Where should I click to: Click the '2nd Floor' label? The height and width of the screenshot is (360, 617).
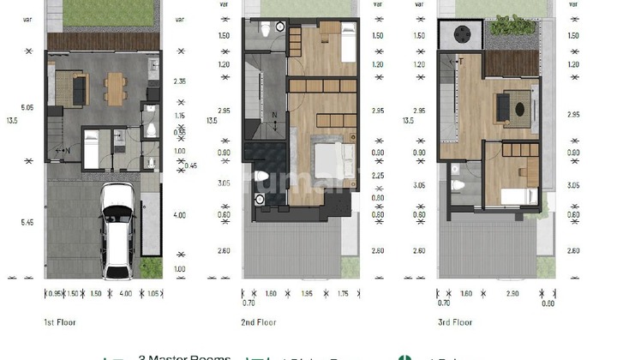click(259, 323)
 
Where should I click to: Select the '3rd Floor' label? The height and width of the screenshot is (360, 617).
click(455, 323)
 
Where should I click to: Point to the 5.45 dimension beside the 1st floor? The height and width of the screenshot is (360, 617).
click(27, 222)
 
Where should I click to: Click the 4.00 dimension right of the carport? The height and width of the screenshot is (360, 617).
click(179, 215)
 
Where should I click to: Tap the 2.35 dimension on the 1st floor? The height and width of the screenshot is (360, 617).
click(180, 82)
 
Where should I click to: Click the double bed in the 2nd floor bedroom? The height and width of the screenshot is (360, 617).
click(332, 159)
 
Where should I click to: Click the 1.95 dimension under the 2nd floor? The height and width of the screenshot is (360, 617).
click(308, 293)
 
